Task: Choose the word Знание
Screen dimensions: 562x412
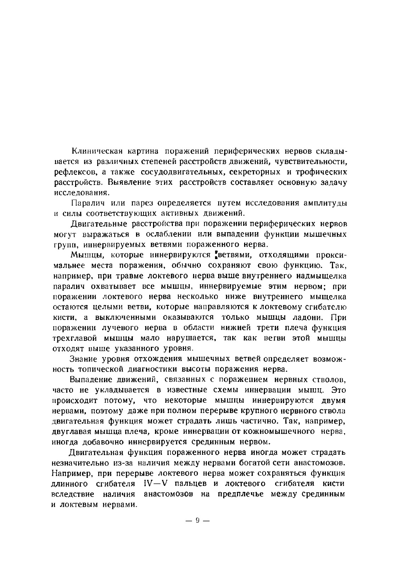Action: (x=84, y=359)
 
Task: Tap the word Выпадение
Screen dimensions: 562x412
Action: (x=91, y=380)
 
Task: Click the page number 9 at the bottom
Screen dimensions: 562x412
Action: (x=198, y=521)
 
